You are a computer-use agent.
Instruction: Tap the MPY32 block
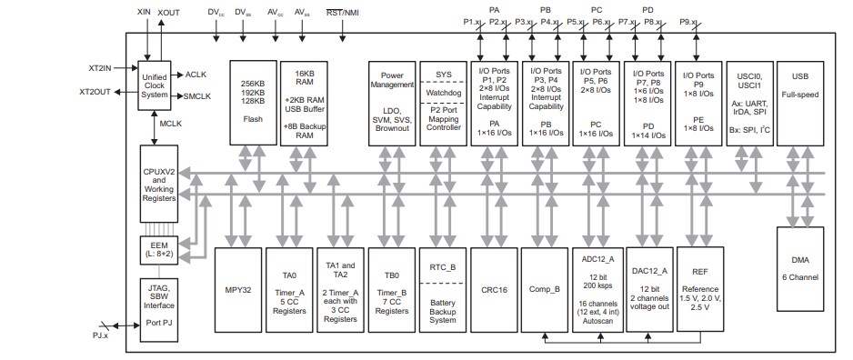tap(237, 291)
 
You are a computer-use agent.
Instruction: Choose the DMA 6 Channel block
tap(801, 277)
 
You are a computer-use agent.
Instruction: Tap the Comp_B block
tap(544, 291)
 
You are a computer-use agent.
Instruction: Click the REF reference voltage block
tap(699, 291)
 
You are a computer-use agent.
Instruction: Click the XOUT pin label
tap(168, 12)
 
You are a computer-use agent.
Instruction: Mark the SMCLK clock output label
tap(197, 95)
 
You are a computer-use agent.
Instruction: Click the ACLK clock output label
tap(196, 74)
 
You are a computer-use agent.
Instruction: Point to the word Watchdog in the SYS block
tap(442, 93)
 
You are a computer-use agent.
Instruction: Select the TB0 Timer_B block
tap(391, 291)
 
